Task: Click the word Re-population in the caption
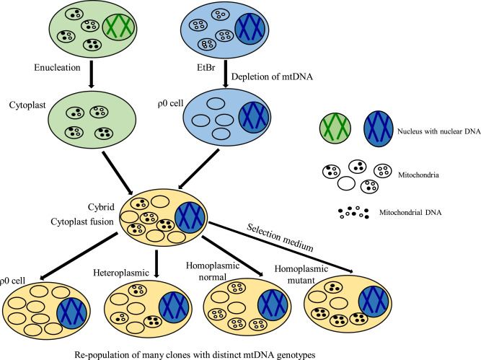pyautogui.click(x=102, y=352)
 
